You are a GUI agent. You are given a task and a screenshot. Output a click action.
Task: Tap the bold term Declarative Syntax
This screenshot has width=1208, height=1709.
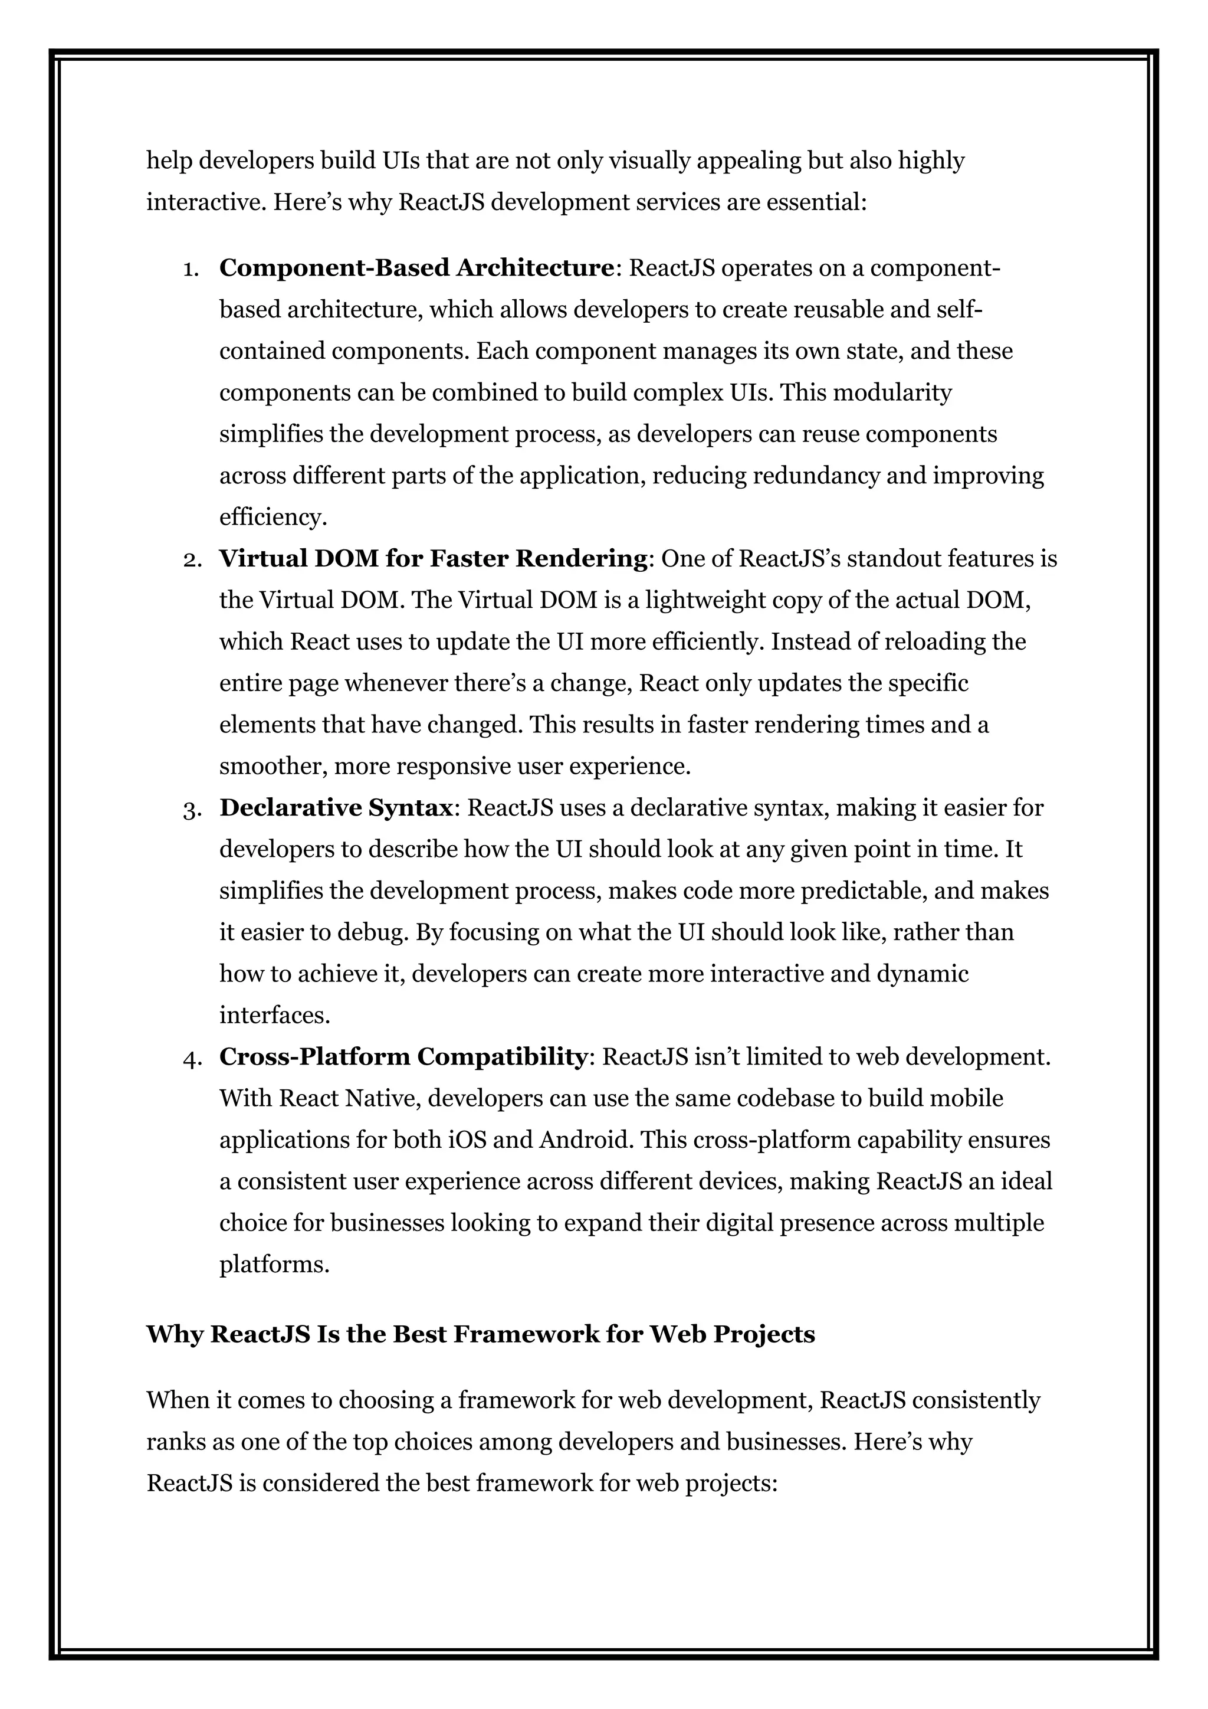(336, 808)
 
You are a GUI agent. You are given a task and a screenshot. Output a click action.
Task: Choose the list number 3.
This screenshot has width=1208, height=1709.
(192, 808)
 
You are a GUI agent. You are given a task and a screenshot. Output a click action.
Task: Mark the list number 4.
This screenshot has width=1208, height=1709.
(192, 1058)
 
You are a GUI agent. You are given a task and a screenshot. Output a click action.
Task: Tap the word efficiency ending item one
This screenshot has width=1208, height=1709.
(273, 518)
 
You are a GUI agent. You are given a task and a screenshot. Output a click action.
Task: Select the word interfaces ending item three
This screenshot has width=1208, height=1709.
(274, 1015)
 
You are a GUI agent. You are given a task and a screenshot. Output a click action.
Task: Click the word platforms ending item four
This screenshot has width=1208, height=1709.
(274, 1265)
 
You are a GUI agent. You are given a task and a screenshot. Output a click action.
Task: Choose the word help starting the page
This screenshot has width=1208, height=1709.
(169, 160)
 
